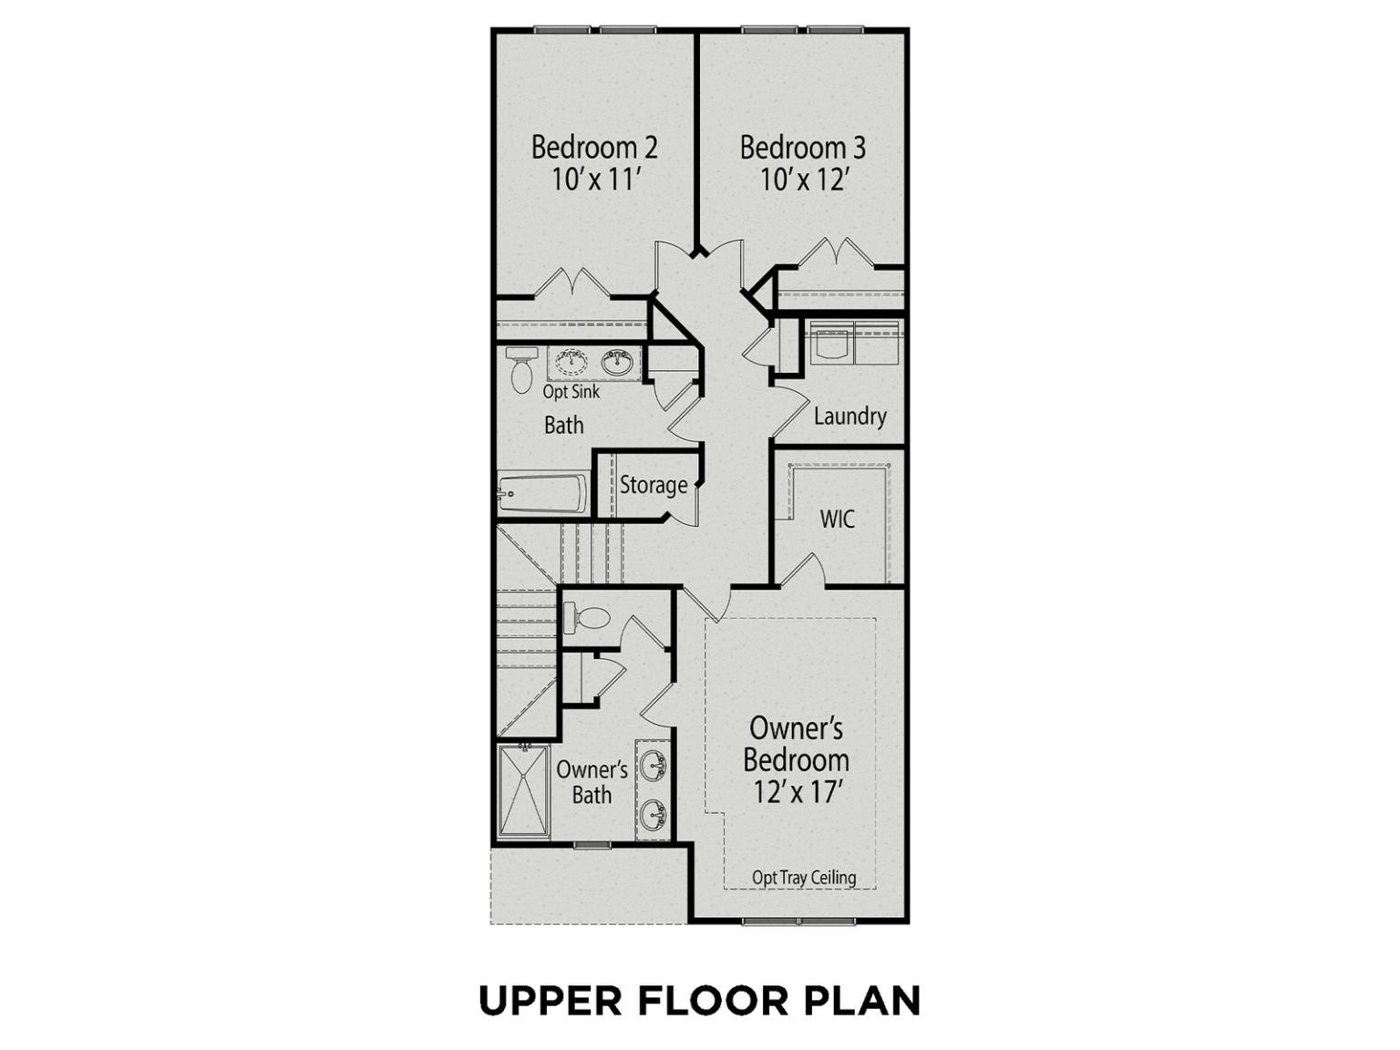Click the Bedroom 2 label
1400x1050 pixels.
click(593, 148)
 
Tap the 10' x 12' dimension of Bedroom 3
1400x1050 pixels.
click(803, 180)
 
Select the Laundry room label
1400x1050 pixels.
click(849, 417)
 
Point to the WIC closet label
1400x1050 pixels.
click(838, 519)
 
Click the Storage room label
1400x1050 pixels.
click(654, 485)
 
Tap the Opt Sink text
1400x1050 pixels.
click(571, 391)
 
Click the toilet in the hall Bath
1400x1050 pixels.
click(521, 370)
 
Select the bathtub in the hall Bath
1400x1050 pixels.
click(543, 492)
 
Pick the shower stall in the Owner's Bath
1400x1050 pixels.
click(523, 790)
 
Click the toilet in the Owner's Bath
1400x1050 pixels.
click(587, 618)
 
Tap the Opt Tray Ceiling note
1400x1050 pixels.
click(804, 878)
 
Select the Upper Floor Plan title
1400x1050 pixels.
click(700, 1000)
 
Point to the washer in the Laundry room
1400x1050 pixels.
click(832, 343)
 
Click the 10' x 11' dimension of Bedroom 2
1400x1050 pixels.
click(595, 180)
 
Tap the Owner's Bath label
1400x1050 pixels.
click(592, 782)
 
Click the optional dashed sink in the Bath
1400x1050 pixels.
click(571, 362)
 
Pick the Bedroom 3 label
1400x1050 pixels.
click(802, 148)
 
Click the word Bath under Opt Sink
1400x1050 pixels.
click(564, 425)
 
